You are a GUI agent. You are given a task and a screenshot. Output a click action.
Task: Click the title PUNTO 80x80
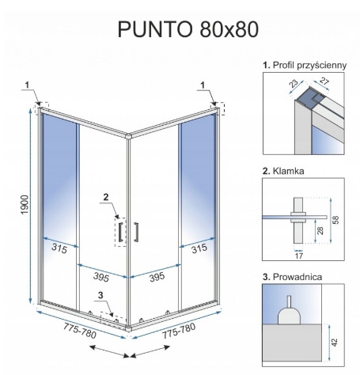[188, 29]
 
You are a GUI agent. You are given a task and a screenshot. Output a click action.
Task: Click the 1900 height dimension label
[25, 205]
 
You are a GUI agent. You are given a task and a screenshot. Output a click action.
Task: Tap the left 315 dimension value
[59, 248]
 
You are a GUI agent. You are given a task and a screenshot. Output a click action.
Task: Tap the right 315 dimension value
[199, 248]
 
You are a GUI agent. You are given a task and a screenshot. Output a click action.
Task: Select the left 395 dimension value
[101, 277]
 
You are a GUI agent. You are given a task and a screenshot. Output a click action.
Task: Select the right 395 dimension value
[157, 277]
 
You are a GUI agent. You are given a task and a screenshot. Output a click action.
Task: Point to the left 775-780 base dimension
[80, 331]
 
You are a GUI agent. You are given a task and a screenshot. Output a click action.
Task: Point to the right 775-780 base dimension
[179, 331]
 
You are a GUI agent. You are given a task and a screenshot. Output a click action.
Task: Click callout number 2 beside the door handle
[106, 197]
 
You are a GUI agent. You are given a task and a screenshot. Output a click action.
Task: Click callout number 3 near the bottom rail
[100, 295]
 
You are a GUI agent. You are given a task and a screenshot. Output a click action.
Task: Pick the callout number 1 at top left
[27, 85]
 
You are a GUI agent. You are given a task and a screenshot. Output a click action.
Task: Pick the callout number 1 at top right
[203, 85]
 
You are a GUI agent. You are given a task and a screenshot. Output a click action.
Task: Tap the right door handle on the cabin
[136, 232]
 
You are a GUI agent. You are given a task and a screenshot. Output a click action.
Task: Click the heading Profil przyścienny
[305, 66]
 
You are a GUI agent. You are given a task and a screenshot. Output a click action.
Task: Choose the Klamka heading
[283, 171]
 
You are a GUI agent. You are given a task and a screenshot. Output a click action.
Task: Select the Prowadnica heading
[292, 277]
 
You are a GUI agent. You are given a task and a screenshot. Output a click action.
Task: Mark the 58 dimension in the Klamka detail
[335, 220]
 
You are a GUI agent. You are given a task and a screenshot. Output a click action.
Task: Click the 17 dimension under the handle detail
[299, 256]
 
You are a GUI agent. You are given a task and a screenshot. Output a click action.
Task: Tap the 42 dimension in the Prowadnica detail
[334, 343]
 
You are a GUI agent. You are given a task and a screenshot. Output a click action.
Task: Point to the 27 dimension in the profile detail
[324, 81]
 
